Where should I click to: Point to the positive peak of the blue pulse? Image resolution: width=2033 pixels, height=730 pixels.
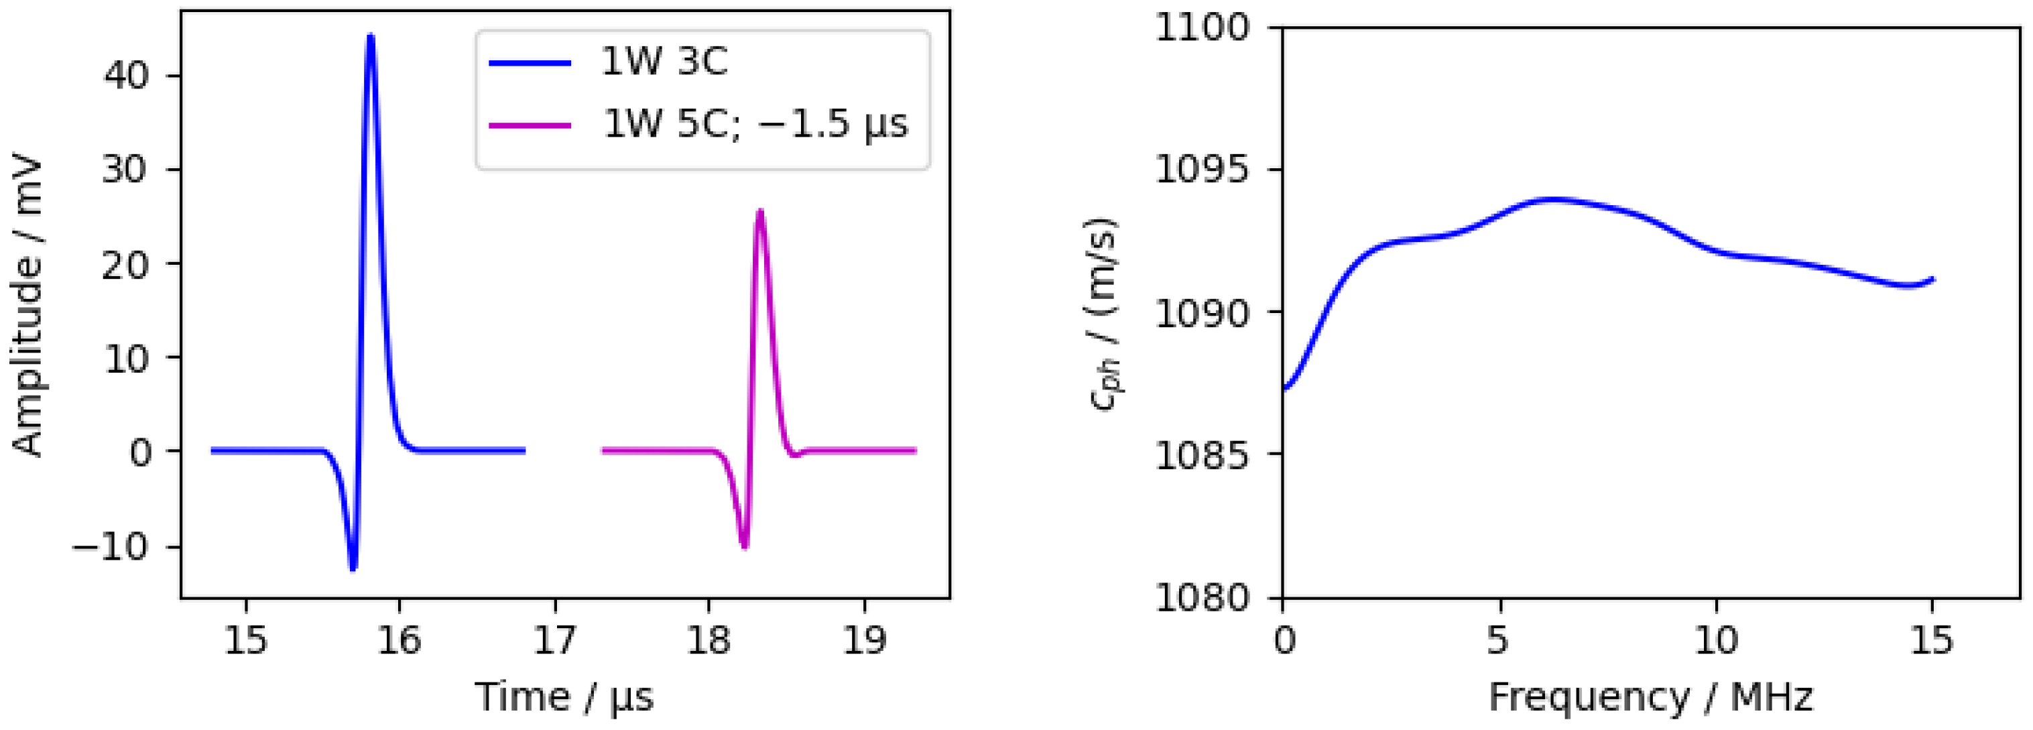click(370, 36)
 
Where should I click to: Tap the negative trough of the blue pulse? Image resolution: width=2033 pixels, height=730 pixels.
click(353, 567)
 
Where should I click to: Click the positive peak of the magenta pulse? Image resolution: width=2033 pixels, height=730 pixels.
click(760, 212)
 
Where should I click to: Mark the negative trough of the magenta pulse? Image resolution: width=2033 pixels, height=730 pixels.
click(744, 546)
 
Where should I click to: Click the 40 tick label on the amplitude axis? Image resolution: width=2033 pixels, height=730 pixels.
click(125, 76)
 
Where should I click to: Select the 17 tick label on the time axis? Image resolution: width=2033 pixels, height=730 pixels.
click(555, 640)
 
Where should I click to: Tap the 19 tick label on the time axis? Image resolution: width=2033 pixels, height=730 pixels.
click(864, 640)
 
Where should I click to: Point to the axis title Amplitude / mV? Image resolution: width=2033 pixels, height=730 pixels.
click(27, 308)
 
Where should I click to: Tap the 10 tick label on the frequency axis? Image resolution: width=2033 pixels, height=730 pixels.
click(1716, 640)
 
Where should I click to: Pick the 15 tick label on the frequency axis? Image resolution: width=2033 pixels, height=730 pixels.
click(1931, 640)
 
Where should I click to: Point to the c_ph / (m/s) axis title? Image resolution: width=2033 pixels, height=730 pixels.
click(1103, 313)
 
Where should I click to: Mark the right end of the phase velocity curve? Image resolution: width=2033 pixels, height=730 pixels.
click(1932, 279)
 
